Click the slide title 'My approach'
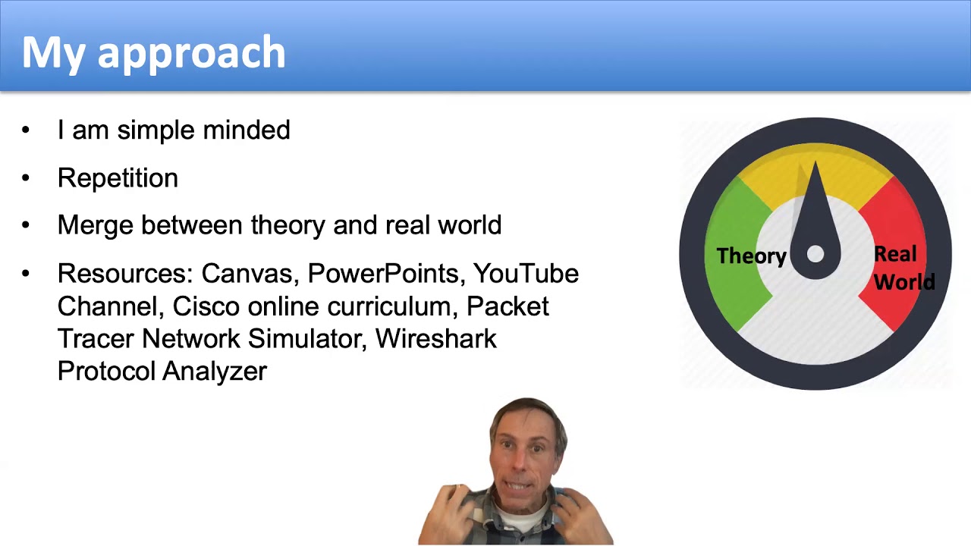(x=153, y=52)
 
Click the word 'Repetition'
(x=118, y=178)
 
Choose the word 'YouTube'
(x=526, y=274)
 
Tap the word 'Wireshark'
(x=435, y=338)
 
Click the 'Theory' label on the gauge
(x=751, y=256)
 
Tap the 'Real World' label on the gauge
(x=903, y=268)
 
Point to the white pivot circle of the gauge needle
(x=815, y=255)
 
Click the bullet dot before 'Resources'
(x=27, y=273)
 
